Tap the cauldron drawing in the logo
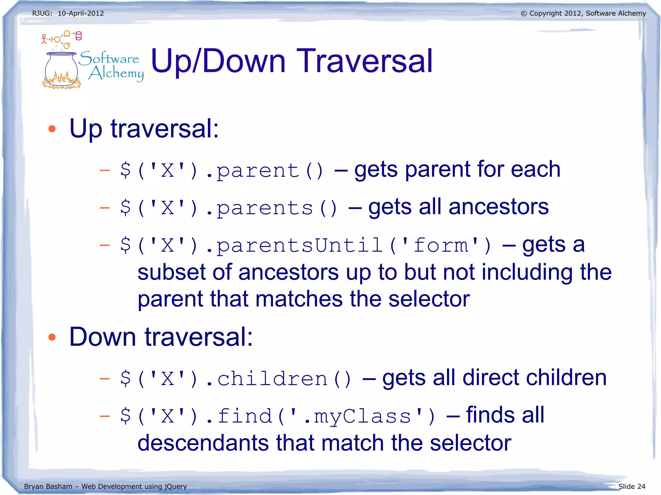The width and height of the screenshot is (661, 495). [61, 70]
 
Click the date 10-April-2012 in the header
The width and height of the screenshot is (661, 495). [81, 14]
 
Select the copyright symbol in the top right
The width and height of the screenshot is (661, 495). [524, 14]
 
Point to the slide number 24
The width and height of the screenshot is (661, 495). [641, 486]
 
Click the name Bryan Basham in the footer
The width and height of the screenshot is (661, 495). [48, 486]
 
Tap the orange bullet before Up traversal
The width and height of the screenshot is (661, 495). [52, 129]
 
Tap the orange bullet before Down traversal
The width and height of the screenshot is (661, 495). [52, 337]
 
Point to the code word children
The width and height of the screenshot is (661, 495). [272, 379]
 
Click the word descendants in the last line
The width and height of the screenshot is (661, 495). [203, 443]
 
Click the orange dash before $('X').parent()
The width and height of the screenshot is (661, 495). [105, 170]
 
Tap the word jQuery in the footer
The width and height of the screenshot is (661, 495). [176, 486]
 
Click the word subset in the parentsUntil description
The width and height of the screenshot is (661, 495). [171, 272]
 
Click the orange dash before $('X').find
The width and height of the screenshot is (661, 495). [105, 416]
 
